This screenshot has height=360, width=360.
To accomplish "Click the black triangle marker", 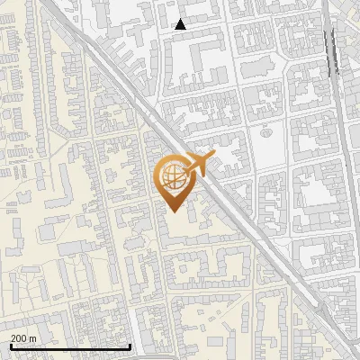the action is [x=181, y=24].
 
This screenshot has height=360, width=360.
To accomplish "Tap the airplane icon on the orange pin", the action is [x=197, y=164].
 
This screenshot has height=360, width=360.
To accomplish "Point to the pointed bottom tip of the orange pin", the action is [x=173, y=211].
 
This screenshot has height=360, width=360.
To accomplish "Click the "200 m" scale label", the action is [x=23, y=337].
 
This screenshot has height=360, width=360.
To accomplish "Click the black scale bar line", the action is [x=70, y=346].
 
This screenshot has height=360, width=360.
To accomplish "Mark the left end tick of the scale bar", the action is [x=11, y=346].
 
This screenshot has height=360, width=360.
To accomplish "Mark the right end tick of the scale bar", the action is [x=130, y=346].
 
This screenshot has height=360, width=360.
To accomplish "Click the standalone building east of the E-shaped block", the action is [x=253, y=68].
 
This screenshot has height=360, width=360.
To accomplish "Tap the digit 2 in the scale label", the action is [x=13, y=337].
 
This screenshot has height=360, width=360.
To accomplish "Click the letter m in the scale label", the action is [x=33, y=337].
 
